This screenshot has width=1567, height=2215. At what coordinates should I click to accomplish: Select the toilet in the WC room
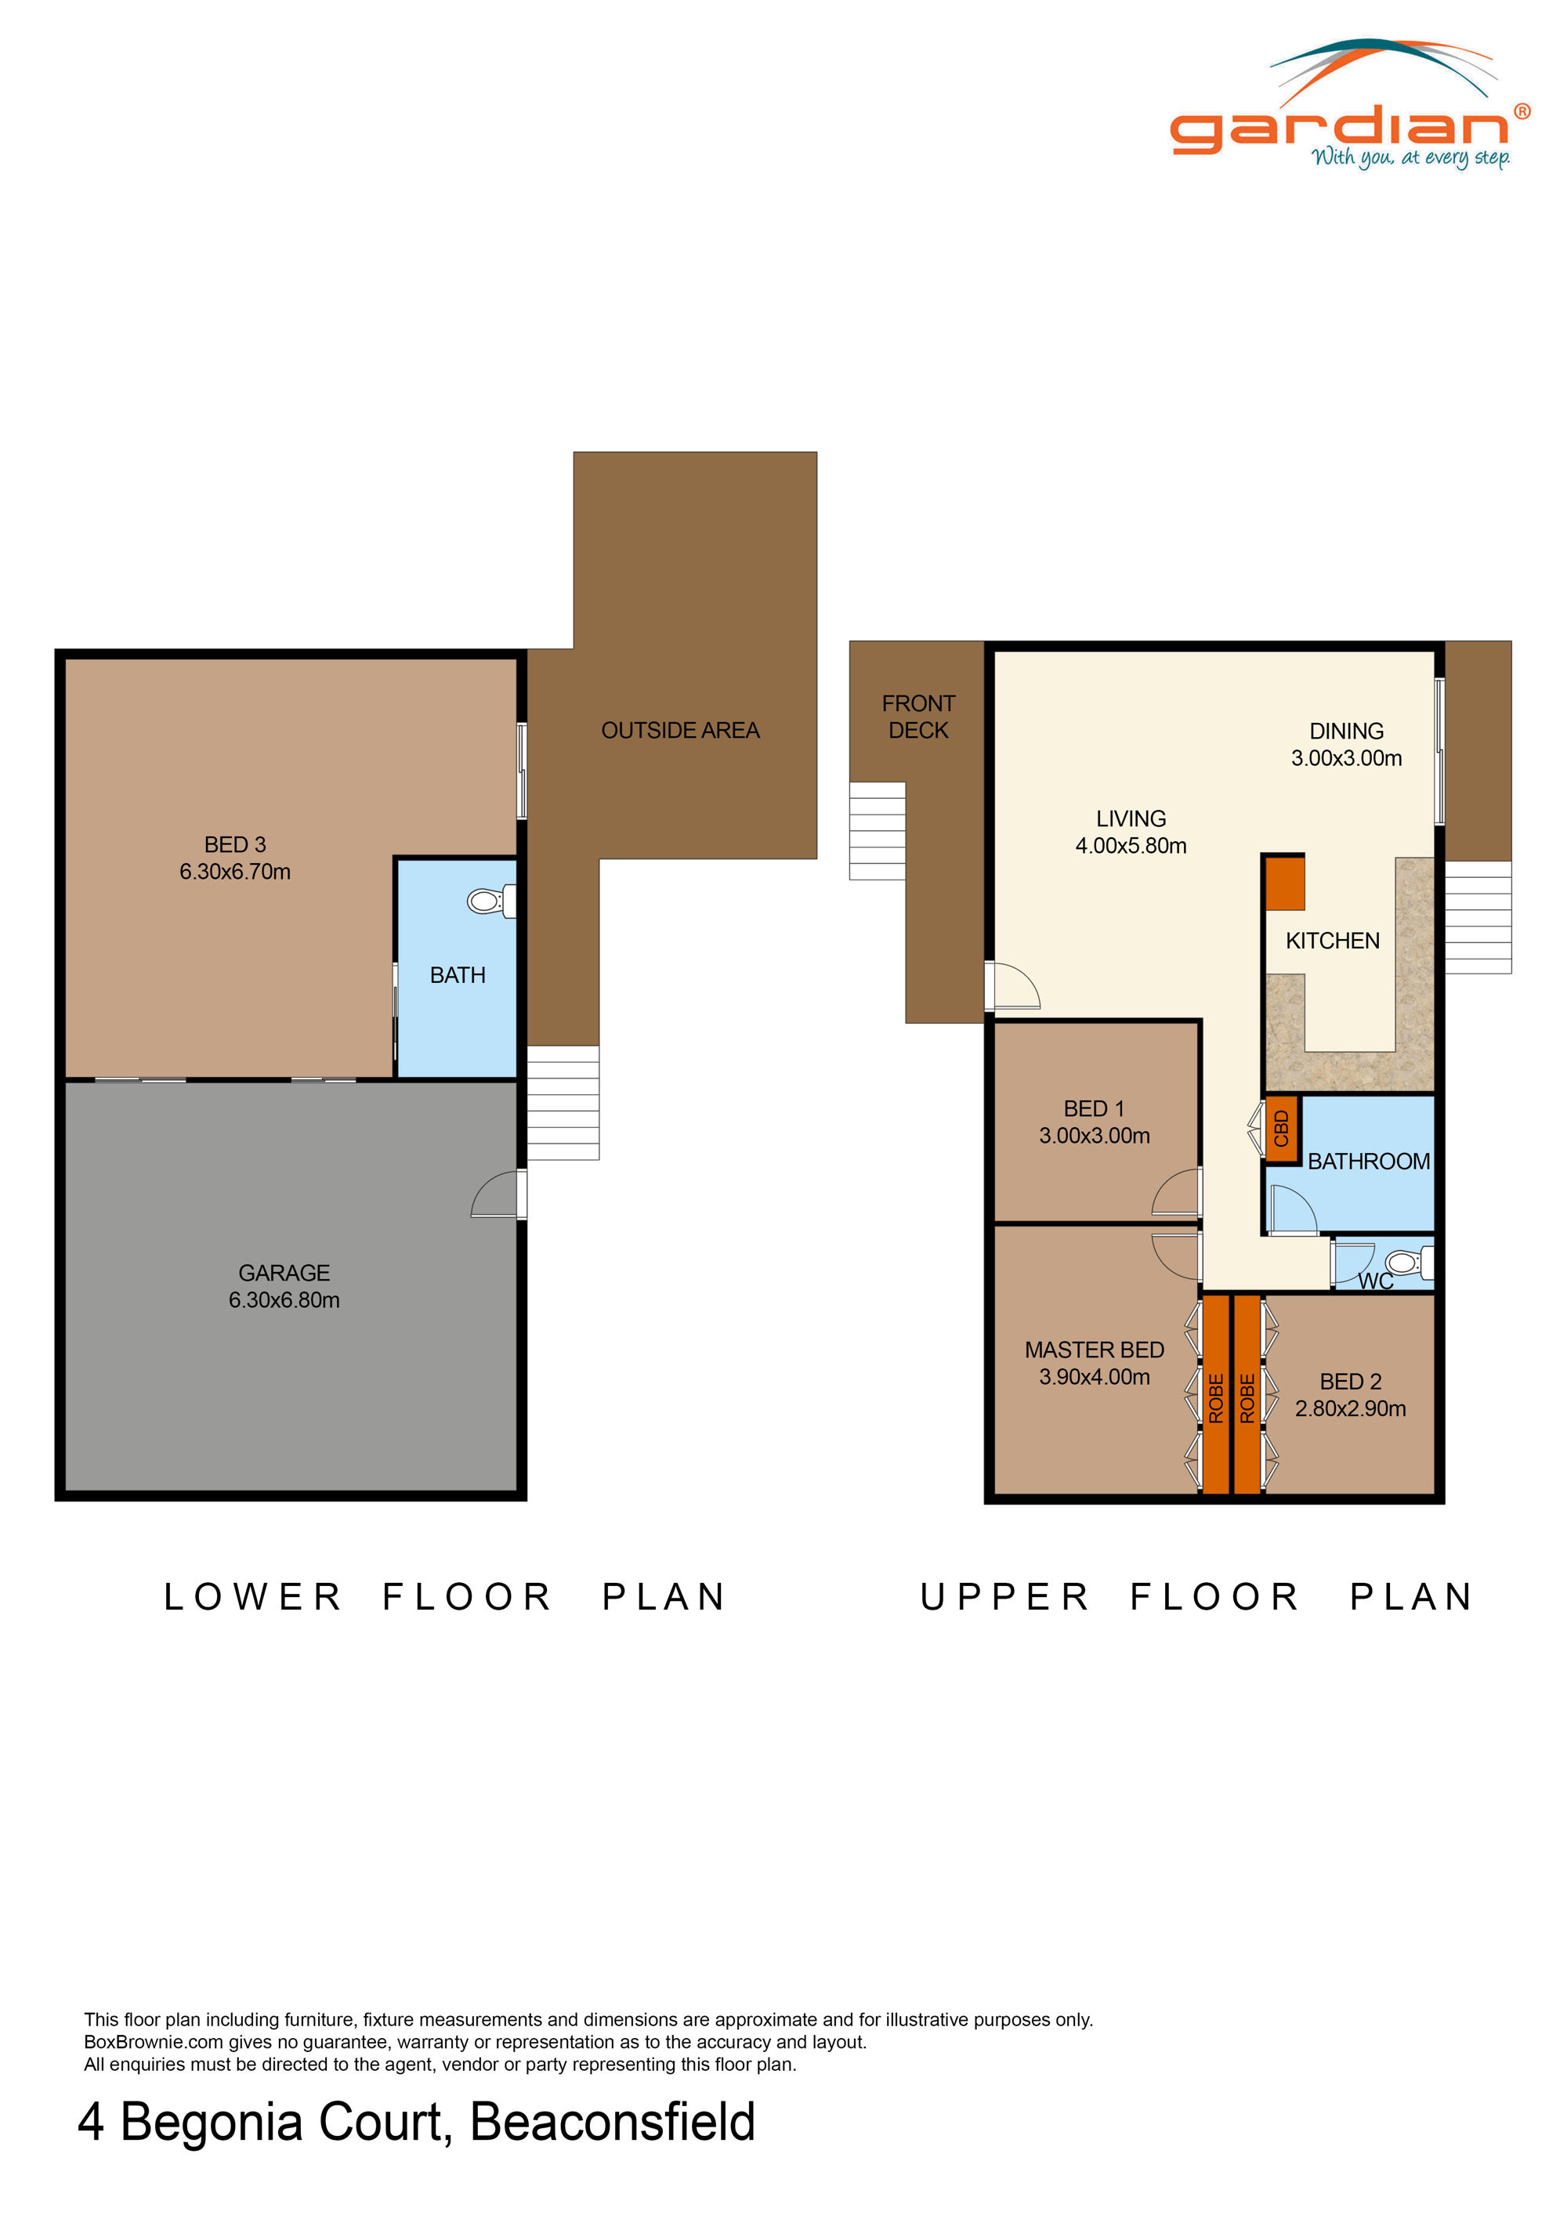1410,1262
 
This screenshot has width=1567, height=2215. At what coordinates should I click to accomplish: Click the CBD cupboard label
1281,1129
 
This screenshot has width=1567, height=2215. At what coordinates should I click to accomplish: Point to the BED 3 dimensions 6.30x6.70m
234,871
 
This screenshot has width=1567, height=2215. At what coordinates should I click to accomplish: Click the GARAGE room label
284,1273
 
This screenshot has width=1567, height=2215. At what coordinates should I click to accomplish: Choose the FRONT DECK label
918,717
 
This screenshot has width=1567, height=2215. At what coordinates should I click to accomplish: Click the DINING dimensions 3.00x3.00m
1346,757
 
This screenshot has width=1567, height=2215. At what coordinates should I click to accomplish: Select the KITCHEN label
1333,941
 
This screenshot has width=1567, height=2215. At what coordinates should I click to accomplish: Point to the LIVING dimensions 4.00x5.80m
1131,845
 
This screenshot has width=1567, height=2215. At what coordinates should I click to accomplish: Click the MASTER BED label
1095,1350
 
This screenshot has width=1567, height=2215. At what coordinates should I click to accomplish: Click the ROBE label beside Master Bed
1216,1398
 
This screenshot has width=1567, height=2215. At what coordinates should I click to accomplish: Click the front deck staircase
877,830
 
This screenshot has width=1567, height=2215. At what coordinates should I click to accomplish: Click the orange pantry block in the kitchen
1285,883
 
